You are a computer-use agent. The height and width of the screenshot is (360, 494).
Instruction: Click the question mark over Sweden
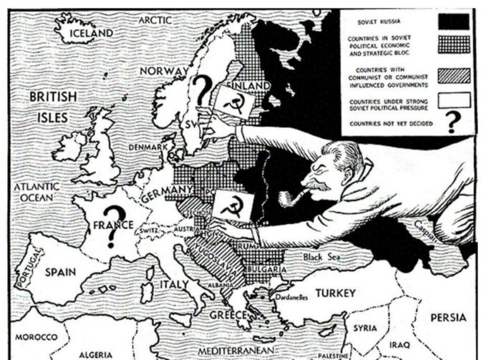coord(203,92)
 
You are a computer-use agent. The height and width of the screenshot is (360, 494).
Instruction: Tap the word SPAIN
coord(60,273)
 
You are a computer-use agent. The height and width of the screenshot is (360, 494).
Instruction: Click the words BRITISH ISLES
coord(48,105)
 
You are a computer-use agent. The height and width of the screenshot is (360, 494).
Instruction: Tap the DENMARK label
coord(147,147)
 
